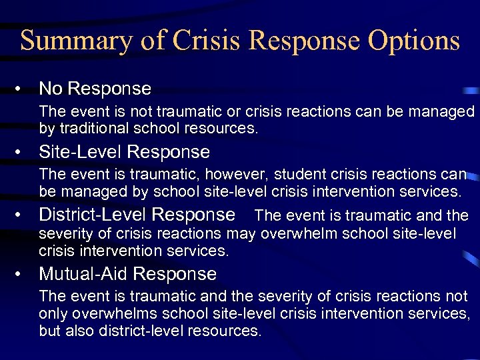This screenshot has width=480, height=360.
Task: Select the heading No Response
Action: [x=95, y=88]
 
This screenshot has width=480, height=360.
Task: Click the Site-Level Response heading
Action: [x=124, y=152]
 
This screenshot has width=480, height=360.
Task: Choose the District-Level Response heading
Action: [x=137, y=215]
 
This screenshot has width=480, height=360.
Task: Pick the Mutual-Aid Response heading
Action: [x=128, y=274]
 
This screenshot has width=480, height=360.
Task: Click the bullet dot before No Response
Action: [x=23, y=89]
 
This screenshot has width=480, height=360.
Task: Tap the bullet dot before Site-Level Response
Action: [x=23, y=153]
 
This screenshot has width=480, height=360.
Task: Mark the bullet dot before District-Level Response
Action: [x=23, y=215]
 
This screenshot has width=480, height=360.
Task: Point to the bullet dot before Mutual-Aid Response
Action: [x=23, y=275]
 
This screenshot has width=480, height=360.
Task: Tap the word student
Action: [x=271, y=175]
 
